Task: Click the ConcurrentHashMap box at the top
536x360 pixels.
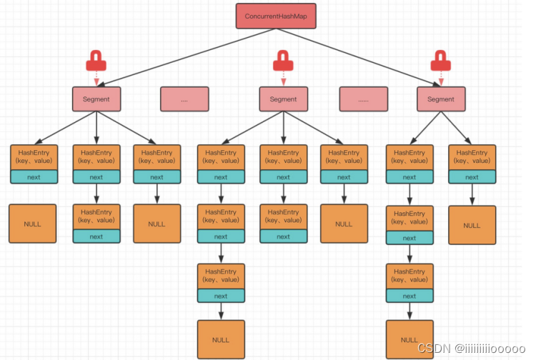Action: point(276,16)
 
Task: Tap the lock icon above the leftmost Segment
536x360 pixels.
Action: point(96,62)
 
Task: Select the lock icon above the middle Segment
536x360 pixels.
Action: point(284,62)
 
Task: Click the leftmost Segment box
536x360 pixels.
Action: point(96,99)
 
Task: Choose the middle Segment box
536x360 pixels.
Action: point(283,99)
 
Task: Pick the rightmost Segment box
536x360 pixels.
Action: point(440,99)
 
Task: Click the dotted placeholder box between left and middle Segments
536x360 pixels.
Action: point(184,99)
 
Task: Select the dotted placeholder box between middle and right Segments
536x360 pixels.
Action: point(363,99)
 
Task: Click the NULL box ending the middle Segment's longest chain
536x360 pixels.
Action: point(221,339)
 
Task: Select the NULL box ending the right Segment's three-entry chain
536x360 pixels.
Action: point(410,340)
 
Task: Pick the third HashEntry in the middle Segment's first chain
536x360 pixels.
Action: point(221,276)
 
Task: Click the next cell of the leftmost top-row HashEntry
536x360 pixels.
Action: point(34,177)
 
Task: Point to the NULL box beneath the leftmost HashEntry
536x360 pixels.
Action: point(33,224)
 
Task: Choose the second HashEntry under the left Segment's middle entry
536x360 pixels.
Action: point(96,217)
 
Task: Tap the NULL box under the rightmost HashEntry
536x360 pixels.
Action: point(472,225)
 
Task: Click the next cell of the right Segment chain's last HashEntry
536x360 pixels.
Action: point(410,296)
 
